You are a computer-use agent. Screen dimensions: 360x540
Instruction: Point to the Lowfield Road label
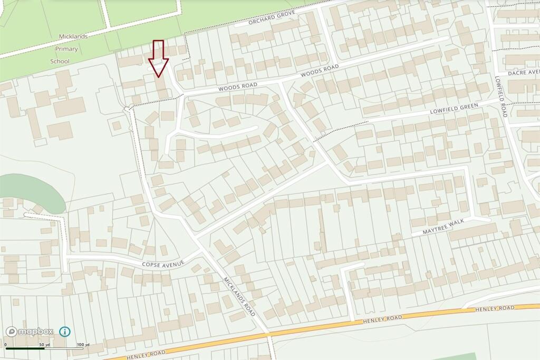click(x=500, y=95)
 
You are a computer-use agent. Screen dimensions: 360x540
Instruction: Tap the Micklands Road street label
click(x=239, y=297)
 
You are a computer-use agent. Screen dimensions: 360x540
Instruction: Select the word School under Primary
click(x=60, y=61)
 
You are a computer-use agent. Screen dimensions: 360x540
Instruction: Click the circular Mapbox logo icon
click(x=12, y=332)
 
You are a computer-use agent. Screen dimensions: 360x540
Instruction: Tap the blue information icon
click(x=64, y=332)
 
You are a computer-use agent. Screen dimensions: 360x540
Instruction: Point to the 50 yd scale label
click(x=44, y=345)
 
